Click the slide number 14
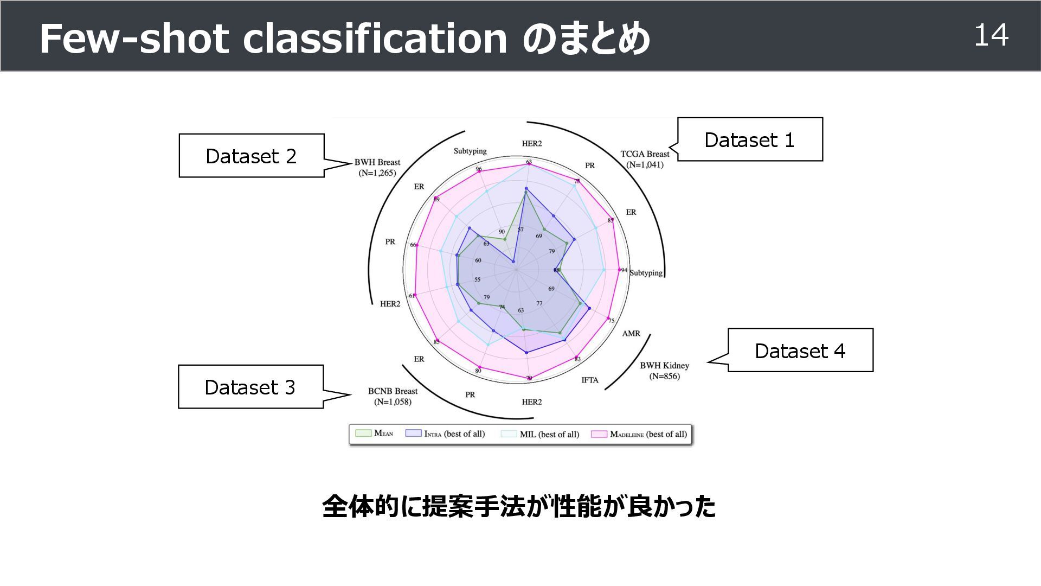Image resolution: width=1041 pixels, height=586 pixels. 991,35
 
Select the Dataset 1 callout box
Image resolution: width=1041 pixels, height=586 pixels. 750,139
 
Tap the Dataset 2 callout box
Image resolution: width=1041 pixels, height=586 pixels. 252,156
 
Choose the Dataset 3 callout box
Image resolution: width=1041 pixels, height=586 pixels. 250,387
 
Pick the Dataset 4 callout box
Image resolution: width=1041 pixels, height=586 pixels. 800,351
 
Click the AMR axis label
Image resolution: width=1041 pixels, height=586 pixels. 631,333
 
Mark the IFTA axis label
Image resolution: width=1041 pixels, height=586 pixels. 590,380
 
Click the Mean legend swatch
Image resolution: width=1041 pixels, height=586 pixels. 363,433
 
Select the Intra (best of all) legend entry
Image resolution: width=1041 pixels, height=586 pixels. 446,434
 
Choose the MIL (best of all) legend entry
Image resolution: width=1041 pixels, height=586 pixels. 541,434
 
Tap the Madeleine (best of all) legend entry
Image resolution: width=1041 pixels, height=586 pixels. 640,434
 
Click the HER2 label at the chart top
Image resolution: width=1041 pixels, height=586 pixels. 532,143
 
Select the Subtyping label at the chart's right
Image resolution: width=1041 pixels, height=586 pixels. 646,272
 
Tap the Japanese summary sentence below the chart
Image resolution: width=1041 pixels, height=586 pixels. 519,506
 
